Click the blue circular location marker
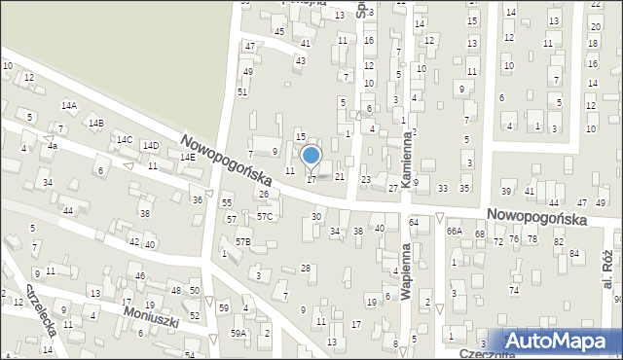pyautogui.click(x=311, y=155)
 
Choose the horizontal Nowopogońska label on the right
pyautogui.click(x=537, y=219)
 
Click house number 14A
pyautogui.click(x=68, y=105)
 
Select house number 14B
pyautogui.click(x=95, y=124)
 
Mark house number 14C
pyautogui.click(x=125, y=140)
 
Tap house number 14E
pyautogui.click(x=187, y=157)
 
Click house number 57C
pyautogui.click(x=264, y=216)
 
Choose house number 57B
pyautogui.click(x=242, y=241)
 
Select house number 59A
pyautogui.click(x=238, y=334)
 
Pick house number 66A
pyautogui.click(x=454, y=232)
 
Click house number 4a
pyautogui.click(x=53, y=147)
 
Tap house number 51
pyautogui.click(x=242, y=91)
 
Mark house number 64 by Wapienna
pyautogui.click(x=414, y=223)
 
